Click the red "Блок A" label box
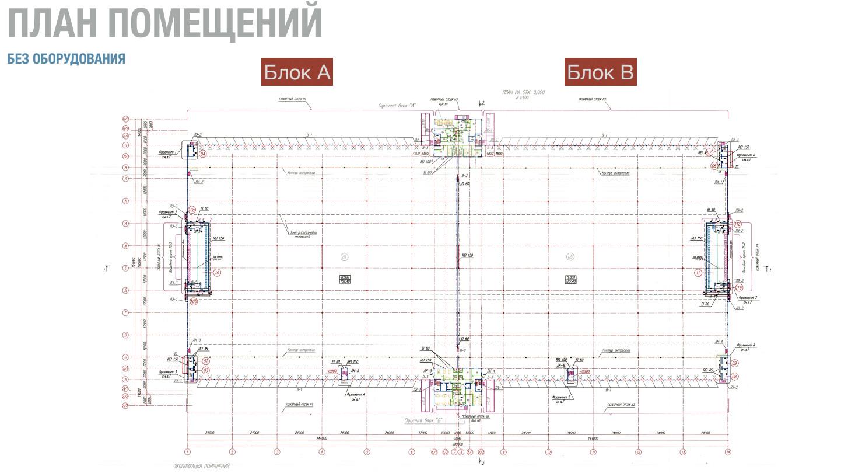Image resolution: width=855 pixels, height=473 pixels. click(x=297, y=72)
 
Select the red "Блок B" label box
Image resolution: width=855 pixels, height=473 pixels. click(x=600, y=72)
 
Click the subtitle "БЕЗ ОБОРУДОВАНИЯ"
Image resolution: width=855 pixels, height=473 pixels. click(x=66, y=59)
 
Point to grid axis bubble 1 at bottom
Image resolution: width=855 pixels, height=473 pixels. click(x=187, y=451)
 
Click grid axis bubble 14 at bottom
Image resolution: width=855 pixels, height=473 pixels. click(x=728, y=451)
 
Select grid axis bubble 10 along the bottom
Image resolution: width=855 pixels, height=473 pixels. click(x=548, y=451)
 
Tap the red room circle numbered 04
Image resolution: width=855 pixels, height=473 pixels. click(x=203, y=155)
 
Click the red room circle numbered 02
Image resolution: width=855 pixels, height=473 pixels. click(x=205, y=361)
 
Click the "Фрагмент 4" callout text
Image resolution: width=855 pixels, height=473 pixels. click(x=355, y=395)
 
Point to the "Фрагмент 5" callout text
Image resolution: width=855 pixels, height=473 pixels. click(x=563, y=397)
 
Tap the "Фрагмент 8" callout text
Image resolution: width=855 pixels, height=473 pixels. click(x=746, y=345)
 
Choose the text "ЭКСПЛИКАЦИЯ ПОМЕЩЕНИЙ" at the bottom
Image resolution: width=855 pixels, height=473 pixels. click(x=202, y=466)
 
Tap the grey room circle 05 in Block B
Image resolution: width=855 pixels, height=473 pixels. click(x=570, y=256)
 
